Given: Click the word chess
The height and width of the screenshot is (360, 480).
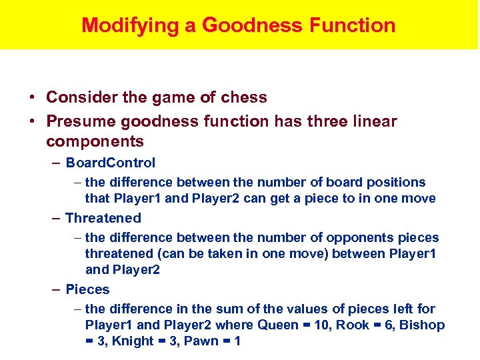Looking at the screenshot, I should tap(244, 97).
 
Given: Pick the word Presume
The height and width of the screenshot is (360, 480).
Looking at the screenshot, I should tap(75, 121).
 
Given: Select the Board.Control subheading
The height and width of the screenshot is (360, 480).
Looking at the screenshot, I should tap(111, 163).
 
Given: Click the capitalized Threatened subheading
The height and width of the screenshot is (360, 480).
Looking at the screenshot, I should tap(103, 218).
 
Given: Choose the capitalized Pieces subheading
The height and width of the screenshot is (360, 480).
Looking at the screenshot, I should tap(87, 289).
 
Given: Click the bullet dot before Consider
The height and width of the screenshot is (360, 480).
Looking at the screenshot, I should tap(33, 98).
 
